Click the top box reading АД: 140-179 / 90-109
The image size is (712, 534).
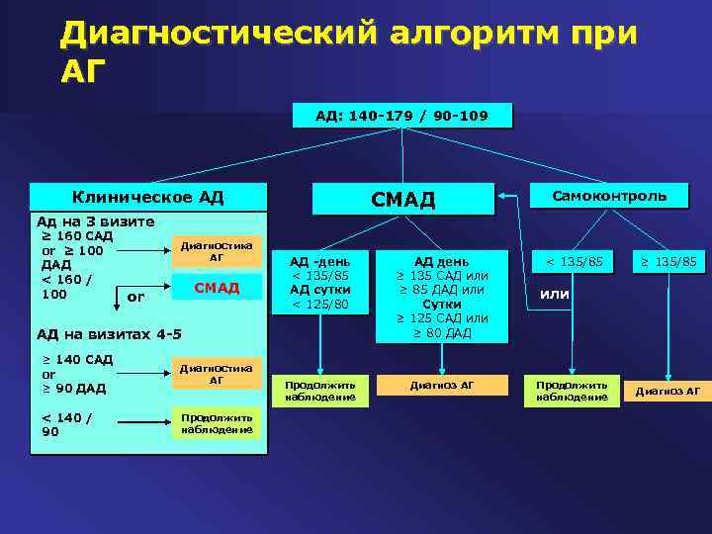401,116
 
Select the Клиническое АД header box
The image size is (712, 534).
148,197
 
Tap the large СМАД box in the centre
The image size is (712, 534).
402,200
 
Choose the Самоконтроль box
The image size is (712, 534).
609,196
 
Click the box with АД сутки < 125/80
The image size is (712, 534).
318,283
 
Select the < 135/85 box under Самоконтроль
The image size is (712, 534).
574,262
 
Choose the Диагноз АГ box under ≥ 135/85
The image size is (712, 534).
667,391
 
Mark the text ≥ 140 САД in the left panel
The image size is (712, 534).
77,359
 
